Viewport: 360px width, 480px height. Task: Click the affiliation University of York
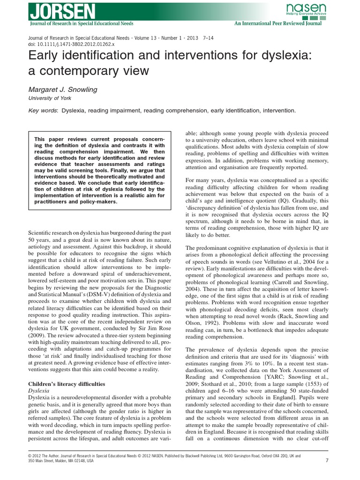click(49, 98)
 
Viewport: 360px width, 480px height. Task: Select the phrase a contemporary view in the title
click(89, 71)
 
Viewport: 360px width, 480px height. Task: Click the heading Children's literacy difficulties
click(65, 384)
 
